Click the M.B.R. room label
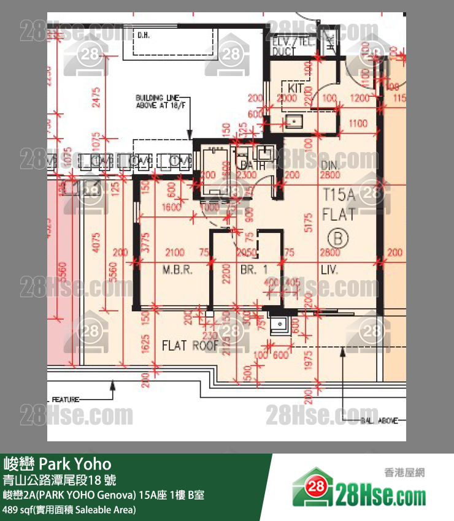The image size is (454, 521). [178, 270]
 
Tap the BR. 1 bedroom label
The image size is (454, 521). [253, 270]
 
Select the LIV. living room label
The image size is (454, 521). [329, 270]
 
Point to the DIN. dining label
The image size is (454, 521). [329, 165]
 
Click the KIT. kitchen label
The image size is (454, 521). [296, 88]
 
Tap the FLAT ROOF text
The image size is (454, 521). [190, 346]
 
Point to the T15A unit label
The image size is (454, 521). [339, 196]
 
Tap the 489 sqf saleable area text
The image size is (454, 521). [69, 509]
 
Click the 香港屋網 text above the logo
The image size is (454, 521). [404, 473]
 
